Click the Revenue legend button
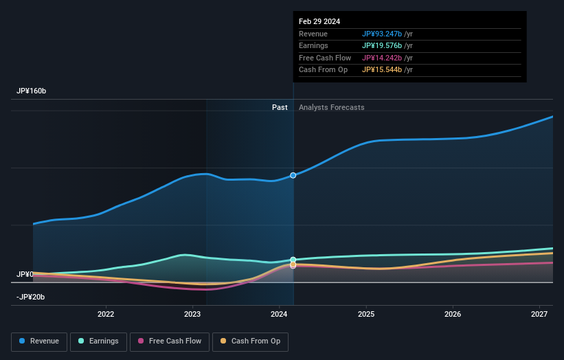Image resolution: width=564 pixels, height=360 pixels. click(39, 341)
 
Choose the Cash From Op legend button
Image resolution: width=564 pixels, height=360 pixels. click(249, 341)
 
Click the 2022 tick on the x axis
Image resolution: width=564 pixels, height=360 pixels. click(106, 314)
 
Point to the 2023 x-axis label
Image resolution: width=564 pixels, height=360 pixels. click(192, 314)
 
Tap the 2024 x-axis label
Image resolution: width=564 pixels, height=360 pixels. click(279, 314)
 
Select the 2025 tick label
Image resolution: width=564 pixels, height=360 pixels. click(366, 314)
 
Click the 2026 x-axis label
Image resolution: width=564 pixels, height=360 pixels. click(453, 314)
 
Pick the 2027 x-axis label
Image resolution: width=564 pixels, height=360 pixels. click(539, 314)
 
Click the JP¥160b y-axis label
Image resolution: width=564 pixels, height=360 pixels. click(32, 91)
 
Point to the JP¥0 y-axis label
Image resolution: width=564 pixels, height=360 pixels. click(25, 274)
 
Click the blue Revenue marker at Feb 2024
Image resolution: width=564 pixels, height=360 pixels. click(293, 175)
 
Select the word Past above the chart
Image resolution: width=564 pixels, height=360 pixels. click(280, 107)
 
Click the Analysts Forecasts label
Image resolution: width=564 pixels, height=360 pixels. click(331, 107)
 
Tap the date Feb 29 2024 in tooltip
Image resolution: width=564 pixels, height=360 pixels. click(319, 21)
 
